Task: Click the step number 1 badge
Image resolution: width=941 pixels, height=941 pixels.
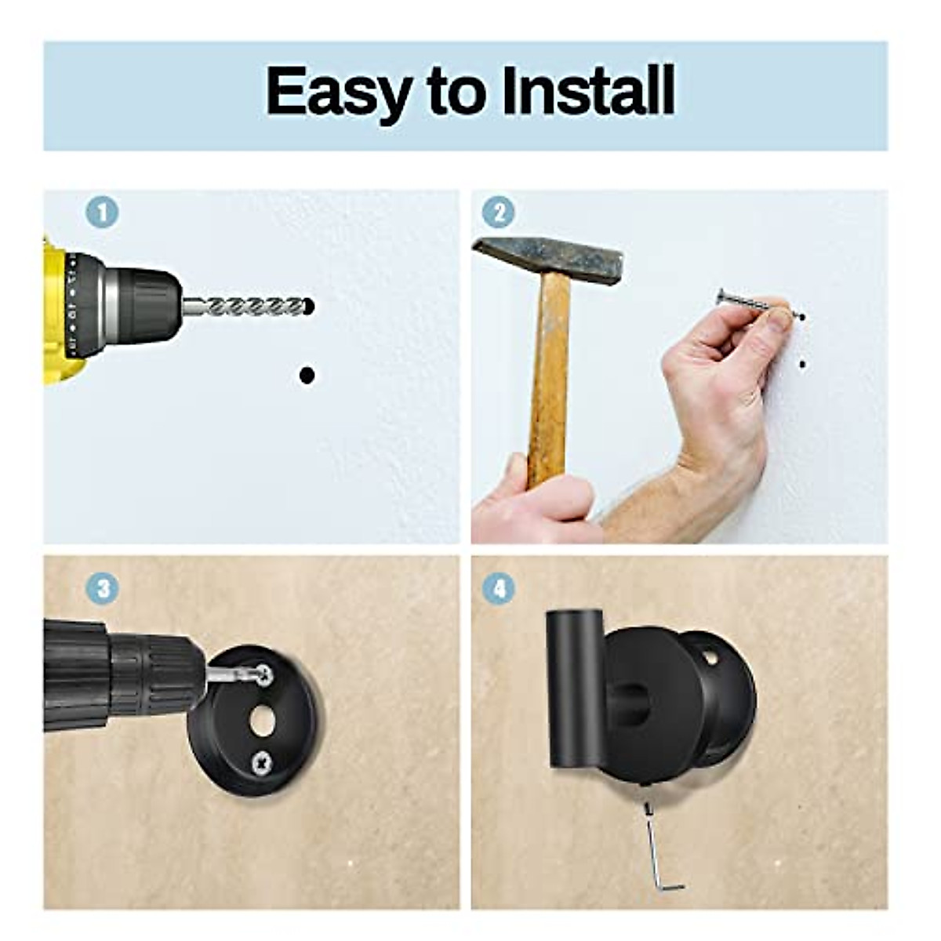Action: point(102,213)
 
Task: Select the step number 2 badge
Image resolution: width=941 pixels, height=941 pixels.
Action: point(498,213)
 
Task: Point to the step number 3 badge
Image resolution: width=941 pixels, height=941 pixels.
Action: point(102,588)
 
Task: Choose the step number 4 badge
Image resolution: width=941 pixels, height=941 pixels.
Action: point(498,588)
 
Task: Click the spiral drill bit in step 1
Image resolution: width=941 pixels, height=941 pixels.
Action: point(251,306)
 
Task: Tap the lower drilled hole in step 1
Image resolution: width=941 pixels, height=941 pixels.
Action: point(307,376)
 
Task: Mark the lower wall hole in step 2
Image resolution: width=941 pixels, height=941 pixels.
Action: point(801,364)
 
